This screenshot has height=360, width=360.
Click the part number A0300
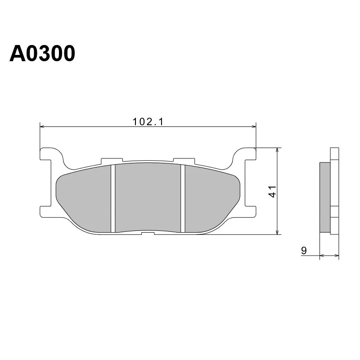(x=42, y=54)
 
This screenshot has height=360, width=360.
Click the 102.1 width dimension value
(x=148, y=121)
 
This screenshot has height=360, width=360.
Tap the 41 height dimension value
(x=272, y=192)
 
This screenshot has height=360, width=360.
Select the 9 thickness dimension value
(x=304, y=251)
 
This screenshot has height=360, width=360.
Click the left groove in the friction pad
(x=113, y=198)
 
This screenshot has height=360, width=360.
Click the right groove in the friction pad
(x=183, y=198)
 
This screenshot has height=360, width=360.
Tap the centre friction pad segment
(x=148, y=198)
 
